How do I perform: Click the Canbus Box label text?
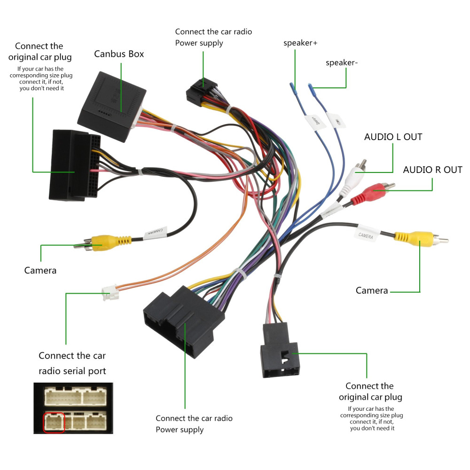pos(119,54)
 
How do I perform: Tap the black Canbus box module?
pos(110,104)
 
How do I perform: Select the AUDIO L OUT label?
pos(393,137)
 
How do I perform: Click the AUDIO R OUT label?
pos(432,170)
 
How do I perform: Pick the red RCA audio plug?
pos(371,191)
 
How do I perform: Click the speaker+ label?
pos(300,43)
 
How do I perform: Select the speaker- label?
pos(342,63)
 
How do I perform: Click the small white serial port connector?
pos(110,295)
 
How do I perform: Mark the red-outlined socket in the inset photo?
pos(54,422)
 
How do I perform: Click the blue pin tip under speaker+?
pos(292,89)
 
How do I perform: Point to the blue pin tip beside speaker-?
pos(311,88)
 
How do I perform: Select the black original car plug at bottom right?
pos(279,352)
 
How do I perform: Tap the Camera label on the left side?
pos(40,270)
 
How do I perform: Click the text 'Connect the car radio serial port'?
pos(72,363)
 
